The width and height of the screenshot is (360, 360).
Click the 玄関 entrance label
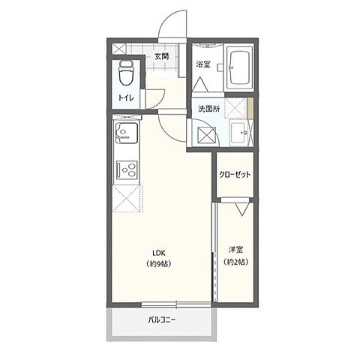point(161,56)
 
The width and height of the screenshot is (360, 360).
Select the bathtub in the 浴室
point(240,68)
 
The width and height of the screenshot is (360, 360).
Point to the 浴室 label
point(202,65)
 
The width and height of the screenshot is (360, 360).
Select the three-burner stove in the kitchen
point(125,171)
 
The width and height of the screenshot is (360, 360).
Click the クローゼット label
point(235,174)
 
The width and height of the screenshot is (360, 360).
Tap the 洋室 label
point(235,250)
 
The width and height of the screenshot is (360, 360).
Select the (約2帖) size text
point(235,262)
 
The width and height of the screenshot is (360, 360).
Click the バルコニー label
point(161,320)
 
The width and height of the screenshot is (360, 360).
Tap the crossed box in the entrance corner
point(120,49)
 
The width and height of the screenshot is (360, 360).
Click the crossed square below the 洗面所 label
point(205,135)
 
